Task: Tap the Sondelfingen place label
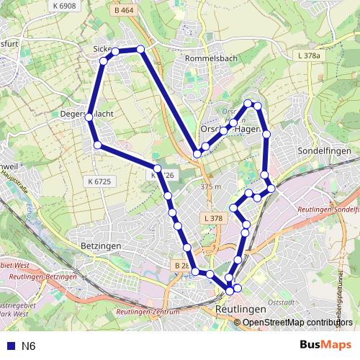click(x=323, y=151)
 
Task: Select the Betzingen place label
click(x=100, y=246)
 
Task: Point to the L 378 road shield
click(x=213, y=217)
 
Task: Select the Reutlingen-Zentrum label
click(x=147, y=312)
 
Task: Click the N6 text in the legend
click(x=28, y=346)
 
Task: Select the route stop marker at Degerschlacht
click(x=89, y=116)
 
